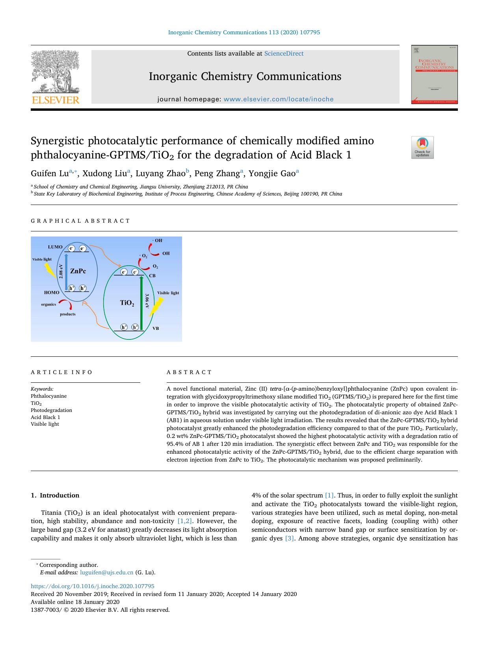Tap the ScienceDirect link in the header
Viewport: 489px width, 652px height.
coord(284,54)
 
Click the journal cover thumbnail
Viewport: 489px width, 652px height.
coord(434,75)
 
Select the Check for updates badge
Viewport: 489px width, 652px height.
coord(422,147)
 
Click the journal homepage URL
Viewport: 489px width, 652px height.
coord(278,99)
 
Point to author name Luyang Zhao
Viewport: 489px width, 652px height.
coord(160,173)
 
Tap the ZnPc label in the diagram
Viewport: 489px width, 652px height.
coord(78,271)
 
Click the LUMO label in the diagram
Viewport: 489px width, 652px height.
coord(55,247)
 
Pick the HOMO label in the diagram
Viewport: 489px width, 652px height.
coord(52,292)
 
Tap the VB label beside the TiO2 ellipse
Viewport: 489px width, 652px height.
coord(156,328)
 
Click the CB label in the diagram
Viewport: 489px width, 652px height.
coord(152,276)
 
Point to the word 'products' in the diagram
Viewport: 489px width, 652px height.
coord(68,314)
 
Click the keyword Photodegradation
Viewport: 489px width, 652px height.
coord(51,410)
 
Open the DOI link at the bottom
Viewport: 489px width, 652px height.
coord(93,586)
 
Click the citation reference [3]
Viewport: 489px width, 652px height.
coord(289,538)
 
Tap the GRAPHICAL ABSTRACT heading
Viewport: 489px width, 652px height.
coord(80,221)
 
